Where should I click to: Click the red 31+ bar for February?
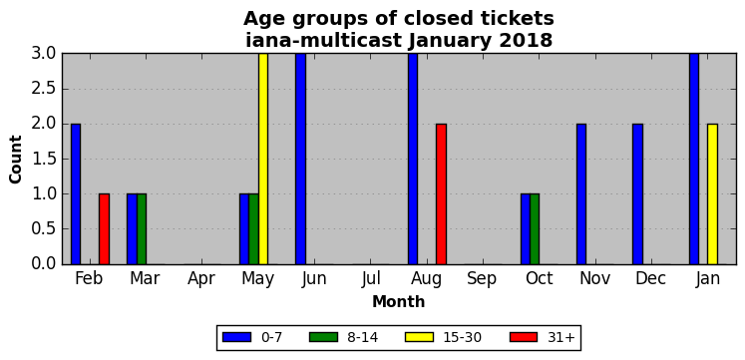click(x=104, y=229)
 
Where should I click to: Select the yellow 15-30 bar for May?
click(x=263, y=159)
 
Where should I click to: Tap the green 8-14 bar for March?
click(x=142, y=229)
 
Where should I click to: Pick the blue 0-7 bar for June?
click(x=301, y=159)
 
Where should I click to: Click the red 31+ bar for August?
click(x=442, y=193)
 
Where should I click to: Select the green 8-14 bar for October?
click(x=535, y=229)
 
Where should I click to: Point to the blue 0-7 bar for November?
click(x=581, y=193)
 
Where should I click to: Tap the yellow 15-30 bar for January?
click(x=713, y=193)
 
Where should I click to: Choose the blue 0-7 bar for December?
click(x=637, y=193)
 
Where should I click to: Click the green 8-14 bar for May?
click(x=253, y=229)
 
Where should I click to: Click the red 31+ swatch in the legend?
click(x=524, y=337)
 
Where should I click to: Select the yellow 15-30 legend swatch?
click(x=419, y=337)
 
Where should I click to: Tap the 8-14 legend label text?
click(x=363, y=338)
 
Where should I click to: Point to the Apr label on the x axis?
click(x=201, y=279)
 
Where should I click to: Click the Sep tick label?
click(x=482, y=278)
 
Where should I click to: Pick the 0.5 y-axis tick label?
click(x=44, y=229)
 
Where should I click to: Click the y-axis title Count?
click(x=16, y=160)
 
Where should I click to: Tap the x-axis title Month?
click(x=399, y=301)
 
